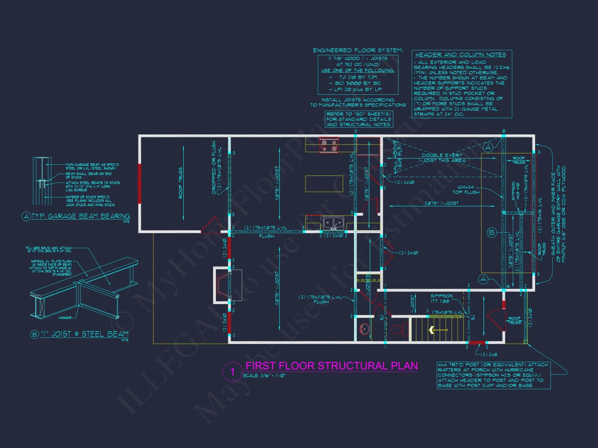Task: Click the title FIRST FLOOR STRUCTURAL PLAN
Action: [x=331, y=366]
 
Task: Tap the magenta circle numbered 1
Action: [x=232, y=372]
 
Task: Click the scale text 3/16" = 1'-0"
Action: [x=264, y=376]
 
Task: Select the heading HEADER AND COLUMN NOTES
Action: [x=460, y=55]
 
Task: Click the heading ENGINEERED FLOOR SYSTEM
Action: [x=358, y=50]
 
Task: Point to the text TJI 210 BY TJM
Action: [x=358, y=77]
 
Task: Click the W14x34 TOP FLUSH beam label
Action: [x=466, y=190]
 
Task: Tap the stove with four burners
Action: [x=329, y=145]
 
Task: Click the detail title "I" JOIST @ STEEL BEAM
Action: [x=84, y=334]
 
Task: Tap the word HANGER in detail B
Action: [x=65, y=318]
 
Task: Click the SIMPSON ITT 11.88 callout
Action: [x=442, y=298]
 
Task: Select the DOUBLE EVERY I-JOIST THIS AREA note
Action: [x=442, y=158]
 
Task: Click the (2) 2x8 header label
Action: [x=489, y=355]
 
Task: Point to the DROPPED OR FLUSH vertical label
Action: [x=214, y=168]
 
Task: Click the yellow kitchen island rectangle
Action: [x=324, y=184]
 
